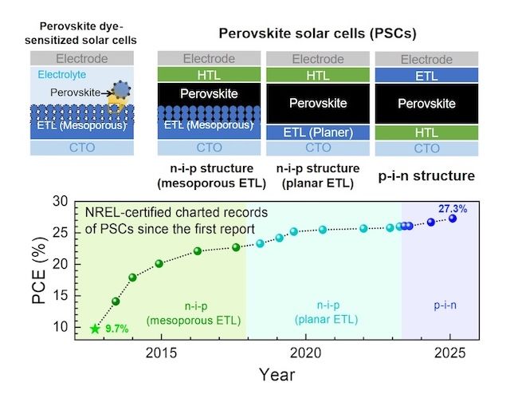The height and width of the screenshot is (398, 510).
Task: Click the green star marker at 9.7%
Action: click(x=96, y=328)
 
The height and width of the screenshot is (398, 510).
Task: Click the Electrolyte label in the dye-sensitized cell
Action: click(x=57, y=73)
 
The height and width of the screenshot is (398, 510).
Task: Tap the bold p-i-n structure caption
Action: click(x=426, y=175)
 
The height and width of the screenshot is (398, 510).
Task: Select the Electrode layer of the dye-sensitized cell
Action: click(x=84, y=58)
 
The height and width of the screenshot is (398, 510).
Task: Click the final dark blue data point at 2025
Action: click(x=452, y=219)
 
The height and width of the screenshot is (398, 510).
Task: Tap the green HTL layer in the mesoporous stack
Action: click(x=210, y=74)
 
